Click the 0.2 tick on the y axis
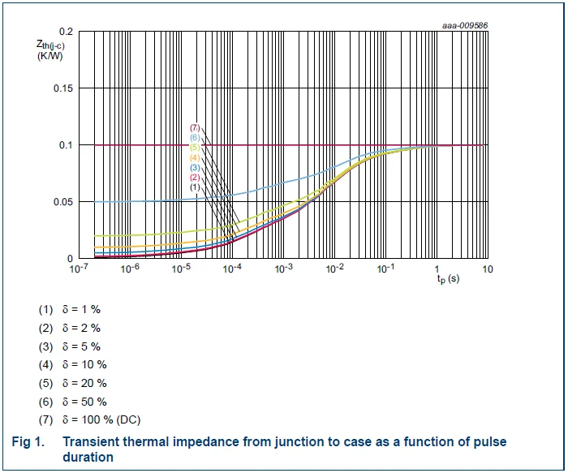coord(65,32)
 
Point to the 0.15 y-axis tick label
coord(62,88)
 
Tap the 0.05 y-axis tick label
coord(62,202)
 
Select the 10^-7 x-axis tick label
coord(79,269)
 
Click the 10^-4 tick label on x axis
coord(231,269)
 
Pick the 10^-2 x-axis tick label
coord(333,269)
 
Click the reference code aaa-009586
coord(465,24)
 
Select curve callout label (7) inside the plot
coord(194,128)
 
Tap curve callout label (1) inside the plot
coord(194,187)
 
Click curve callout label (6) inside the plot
coord(194,138)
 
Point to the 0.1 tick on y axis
coord(65,145)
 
